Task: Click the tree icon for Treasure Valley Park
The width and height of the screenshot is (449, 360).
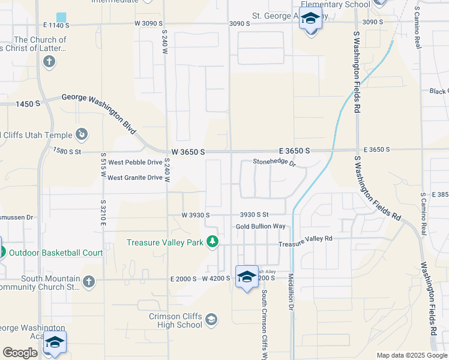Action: click(212, 242)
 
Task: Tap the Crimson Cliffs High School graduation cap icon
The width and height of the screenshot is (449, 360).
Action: click(211, 319)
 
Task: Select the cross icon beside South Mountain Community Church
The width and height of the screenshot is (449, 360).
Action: click(88, 281)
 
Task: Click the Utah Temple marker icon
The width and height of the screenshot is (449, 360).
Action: click(82, 134)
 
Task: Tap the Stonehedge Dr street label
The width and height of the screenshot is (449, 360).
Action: click(274, 162)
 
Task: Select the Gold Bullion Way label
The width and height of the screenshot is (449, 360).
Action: click(260, 226)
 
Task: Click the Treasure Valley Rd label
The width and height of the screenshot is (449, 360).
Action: click(305, 238)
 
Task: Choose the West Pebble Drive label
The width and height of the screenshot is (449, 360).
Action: click(135, 162)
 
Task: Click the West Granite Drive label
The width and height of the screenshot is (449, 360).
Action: click(135, 178)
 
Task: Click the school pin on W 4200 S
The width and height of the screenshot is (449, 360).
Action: click(247, 277)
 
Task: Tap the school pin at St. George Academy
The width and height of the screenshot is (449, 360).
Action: click(310, 20)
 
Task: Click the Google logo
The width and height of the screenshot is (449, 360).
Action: click(20, 353)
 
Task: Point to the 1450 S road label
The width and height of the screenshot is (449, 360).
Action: click(28, 104)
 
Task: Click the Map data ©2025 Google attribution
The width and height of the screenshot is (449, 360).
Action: click(411, 355)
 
